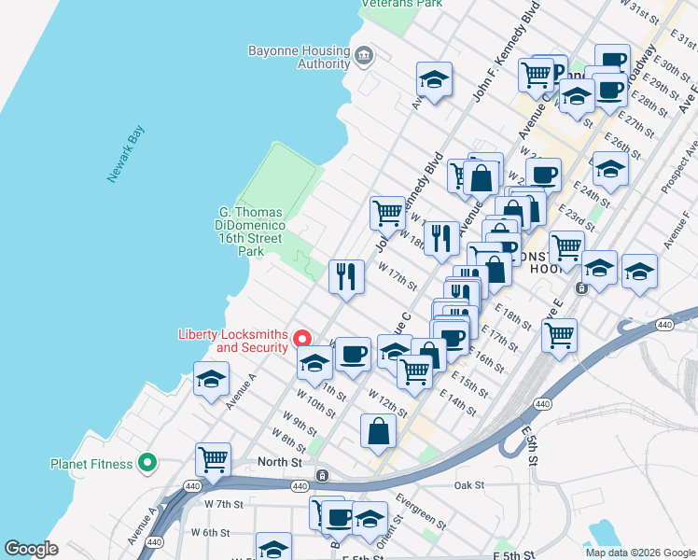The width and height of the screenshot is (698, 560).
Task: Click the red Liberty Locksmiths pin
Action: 302,339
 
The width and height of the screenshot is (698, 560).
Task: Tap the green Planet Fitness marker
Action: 147,463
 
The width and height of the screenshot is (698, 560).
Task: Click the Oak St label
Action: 468,485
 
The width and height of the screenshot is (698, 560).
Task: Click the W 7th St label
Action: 223,504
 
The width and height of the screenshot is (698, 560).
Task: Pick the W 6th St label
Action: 210,532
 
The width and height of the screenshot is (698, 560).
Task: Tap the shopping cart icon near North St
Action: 213,459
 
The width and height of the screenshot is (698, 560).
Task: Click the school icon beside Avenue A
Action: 211,380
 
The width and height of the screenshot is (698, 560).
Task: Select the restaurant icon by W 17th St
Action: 346,275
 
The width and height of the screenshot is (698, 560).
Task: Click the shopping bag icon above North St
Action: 379,431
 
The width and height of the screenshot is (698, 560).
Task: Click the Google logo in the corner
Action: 31,549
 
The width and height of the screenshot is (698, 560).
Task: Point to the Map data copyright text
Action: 640,553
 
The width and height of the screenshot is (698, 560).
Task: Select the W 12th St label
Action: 387,406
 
